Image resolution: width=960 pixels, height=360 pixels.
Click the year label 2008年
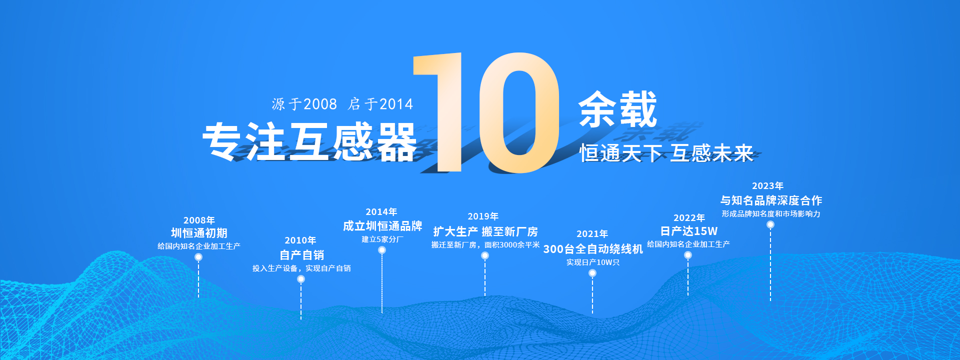coord(199,220)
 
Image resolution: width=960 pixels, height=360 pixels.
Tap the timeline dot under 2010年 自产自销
coord(301,279)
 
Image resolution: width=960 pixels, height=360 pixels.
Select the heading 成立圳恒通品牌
coord(382,226)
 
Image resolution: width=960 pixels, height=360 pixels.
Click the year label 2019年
coord(483,216)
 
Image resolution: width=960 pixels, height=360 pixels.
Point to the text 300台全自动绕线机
coord(593,249)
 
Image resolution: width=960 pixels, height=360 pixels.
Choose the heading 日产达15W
coord(688,231)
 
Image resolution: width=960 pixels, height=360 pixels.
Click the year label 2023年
coord(767,186)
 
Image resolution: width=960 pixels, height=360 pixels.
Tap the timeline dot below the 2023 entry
coord(770,224)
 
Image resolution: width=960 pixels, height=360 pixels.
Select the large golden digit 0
coord(519,113)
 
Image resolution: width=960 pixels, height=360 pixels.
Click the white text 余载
coord(617,109)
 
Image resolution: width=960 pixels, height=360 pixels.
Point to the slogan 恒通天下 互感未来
coord(666,153)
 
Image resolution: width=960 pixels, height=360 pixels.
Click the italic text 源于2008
coord(304,104)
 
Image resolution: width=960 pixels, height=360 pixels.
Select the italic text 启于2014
coord(380,104)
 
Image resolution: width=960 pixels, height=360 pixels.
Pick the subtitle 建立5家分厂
coord(382,239)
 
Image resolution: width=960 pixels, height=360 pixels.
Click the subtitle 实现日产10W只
coord(593,262)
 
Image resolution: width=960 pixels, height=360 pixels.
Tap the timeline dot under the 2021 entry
coord(592,273)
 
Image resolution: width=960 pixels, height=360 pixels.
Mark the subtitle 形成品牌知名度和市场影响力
coord(771,214)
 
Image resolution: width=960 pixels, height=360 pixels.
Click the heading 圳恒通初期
coord(199,233)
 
